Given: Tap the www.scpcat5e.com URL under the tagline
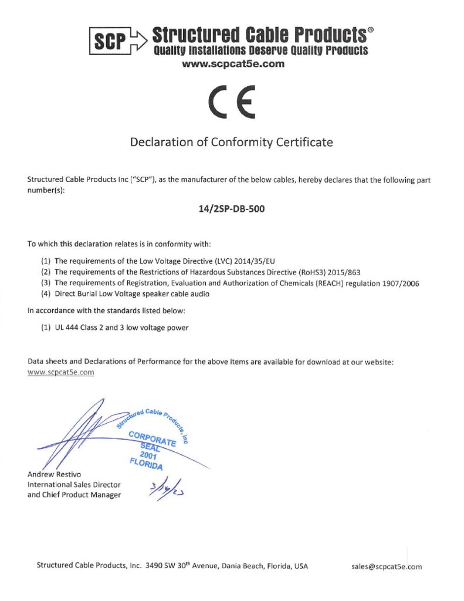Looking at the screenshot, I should tap(233, 64).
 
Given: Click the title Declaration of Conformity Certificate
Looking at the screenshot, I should tap(231, 142).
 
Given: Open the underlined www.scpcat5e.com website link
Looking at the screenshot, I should tap(61, 372).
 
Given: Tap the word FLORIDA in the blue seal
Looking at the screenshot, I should tap(145, 463).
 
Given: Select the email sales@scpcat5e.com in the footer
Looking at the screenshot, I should tap(386, 566).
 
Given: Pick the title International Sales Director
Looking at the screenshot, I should tap(74, 485).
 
